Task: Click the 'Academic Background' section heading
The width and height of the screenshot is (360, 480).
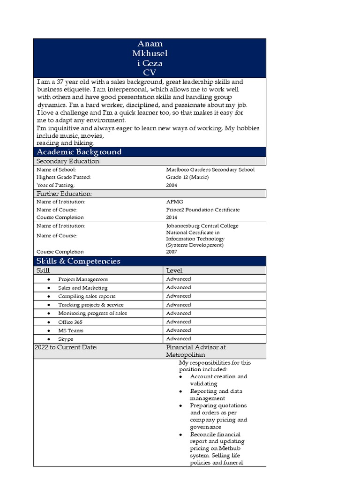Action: [79, 152]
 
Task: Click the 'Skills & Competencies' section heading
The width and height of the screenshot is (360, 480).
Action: [78, 261]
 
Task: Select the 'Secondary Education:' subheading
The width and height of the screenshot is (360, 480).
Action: [68, 161]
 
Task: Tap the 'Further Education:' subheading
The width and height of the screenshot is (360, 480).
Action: [64, 194]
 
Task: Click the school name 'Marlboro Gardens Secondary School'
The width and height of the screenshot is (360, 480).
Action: [210, 170]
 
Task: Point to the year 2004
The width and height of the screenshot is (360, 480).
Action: [172, 185]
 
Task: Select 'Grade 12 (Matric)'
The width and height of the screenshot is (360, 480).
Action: [187, 177]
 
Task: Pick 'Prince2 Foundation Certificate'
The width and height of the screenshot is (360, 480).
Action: [202, 210]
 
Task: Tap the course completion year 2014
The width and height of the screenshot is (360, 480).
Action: [172, 217]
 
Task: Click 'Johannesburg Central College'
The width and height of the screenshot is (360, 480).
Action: [202, 225]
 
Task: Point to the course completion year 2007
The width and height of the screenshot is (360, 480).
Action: [172, 252]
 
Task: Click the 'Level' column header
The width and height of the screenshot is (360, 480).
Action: [174, 270]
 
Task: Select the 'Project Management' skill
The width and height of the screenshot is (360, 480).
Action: [83, 279]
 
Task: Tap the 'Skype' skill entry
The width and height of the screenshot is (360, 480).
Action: [66, 339]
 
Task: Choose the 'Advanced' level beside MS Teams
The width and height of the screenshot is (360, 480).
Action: [179, 330]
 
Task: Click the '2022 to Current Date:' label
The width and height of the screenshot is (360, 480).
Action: [66, 347]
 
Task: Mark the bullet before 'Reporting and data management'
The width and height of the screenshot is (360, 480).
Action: [181, 391]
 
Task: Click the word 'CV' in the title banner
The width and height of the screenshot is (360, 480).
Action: [149, 72]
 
